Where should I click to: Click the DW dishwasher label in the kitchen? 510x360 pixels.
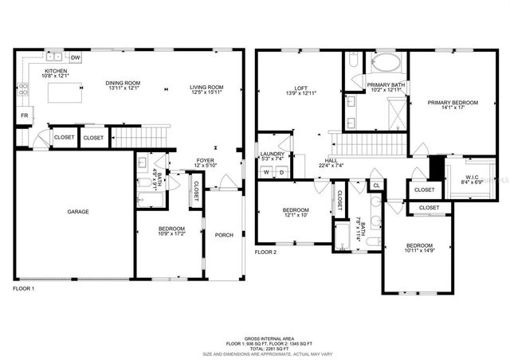(x=76, y=58)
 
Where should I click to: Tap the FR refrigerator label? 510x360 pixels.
(x=24, y=116)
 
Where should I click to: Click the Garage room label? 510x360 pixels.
(x=77, y=212)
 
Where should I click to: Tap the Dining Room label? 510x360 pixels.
(x=123, y=83)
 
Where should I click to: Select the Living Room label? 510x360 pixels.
(x=206, y=88)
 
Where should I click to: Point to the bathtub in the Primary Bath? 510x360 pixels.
(x=386, y=63)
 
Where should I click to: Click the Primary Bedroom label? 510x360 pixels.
(x=452, y=103)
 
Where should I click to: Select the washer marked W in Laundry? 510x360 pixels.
(x=267, y=172)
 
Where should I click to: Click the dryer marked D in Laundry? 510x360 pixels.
(x=280, y=172)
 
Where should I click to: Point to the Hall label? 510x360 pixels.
(x=331, y=160)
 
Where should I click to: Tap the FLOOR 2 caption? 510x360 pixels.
(x=265, y=252)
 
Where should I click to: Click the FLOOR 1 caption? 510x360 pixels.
(x=24, y=288)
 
